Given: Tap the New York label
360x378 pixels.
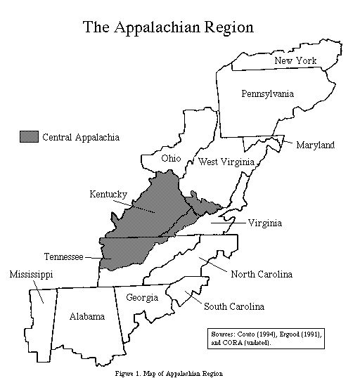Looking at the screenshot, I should click(x=295, y=61).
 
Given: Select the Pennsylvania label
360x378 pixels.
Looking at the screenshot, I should click(x=267, y=93).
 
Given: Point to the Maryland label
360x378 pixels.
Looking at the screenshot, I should click(x=314, y=145).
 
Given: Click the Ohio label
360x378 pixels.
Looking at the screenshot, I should click(x=171, y=158).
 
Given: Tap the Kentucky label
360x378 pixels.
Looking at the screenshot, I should click(x=108, y=193).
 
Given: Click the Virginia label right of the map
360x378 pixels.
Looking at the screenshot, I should click(x=265, y=223).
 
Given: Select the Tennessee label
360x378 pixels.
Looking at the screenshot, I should click(x=64, y=257).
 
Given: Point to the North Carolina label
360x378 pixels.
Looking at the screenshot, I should click(x=261, y=273).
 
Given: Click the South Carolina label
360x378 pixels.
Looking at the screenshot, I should click(x=234, y=306).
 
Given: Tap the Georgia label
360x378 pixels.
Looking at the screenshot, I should click(x=141, y=298).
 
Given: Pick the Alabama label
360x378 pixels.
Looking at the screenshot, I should click(x=87, y=317).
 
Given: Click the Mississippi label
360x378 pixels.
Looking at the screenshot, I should click(x=31, y=273).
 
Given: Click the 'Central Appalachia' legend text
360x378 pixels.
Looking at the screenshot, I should click(x=81, y=137).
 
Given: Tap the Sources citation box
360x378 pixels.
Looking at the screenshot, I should click(x=266, y=339).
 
